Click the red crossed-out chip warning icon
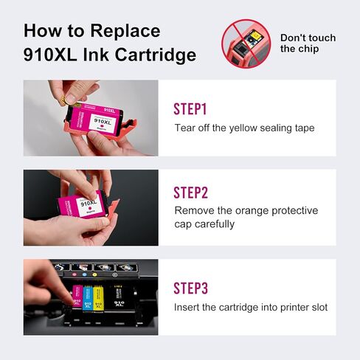(x=244, y=41)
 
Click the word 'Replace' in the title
(x=124, y=31)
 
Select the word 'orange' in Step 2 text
(x=249, y=211)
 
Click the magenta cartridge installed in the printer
(x=77, y=300)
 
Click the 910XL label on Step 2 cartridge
(x=89, y=201)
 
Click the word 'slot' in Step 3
(x=316, y=307)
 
